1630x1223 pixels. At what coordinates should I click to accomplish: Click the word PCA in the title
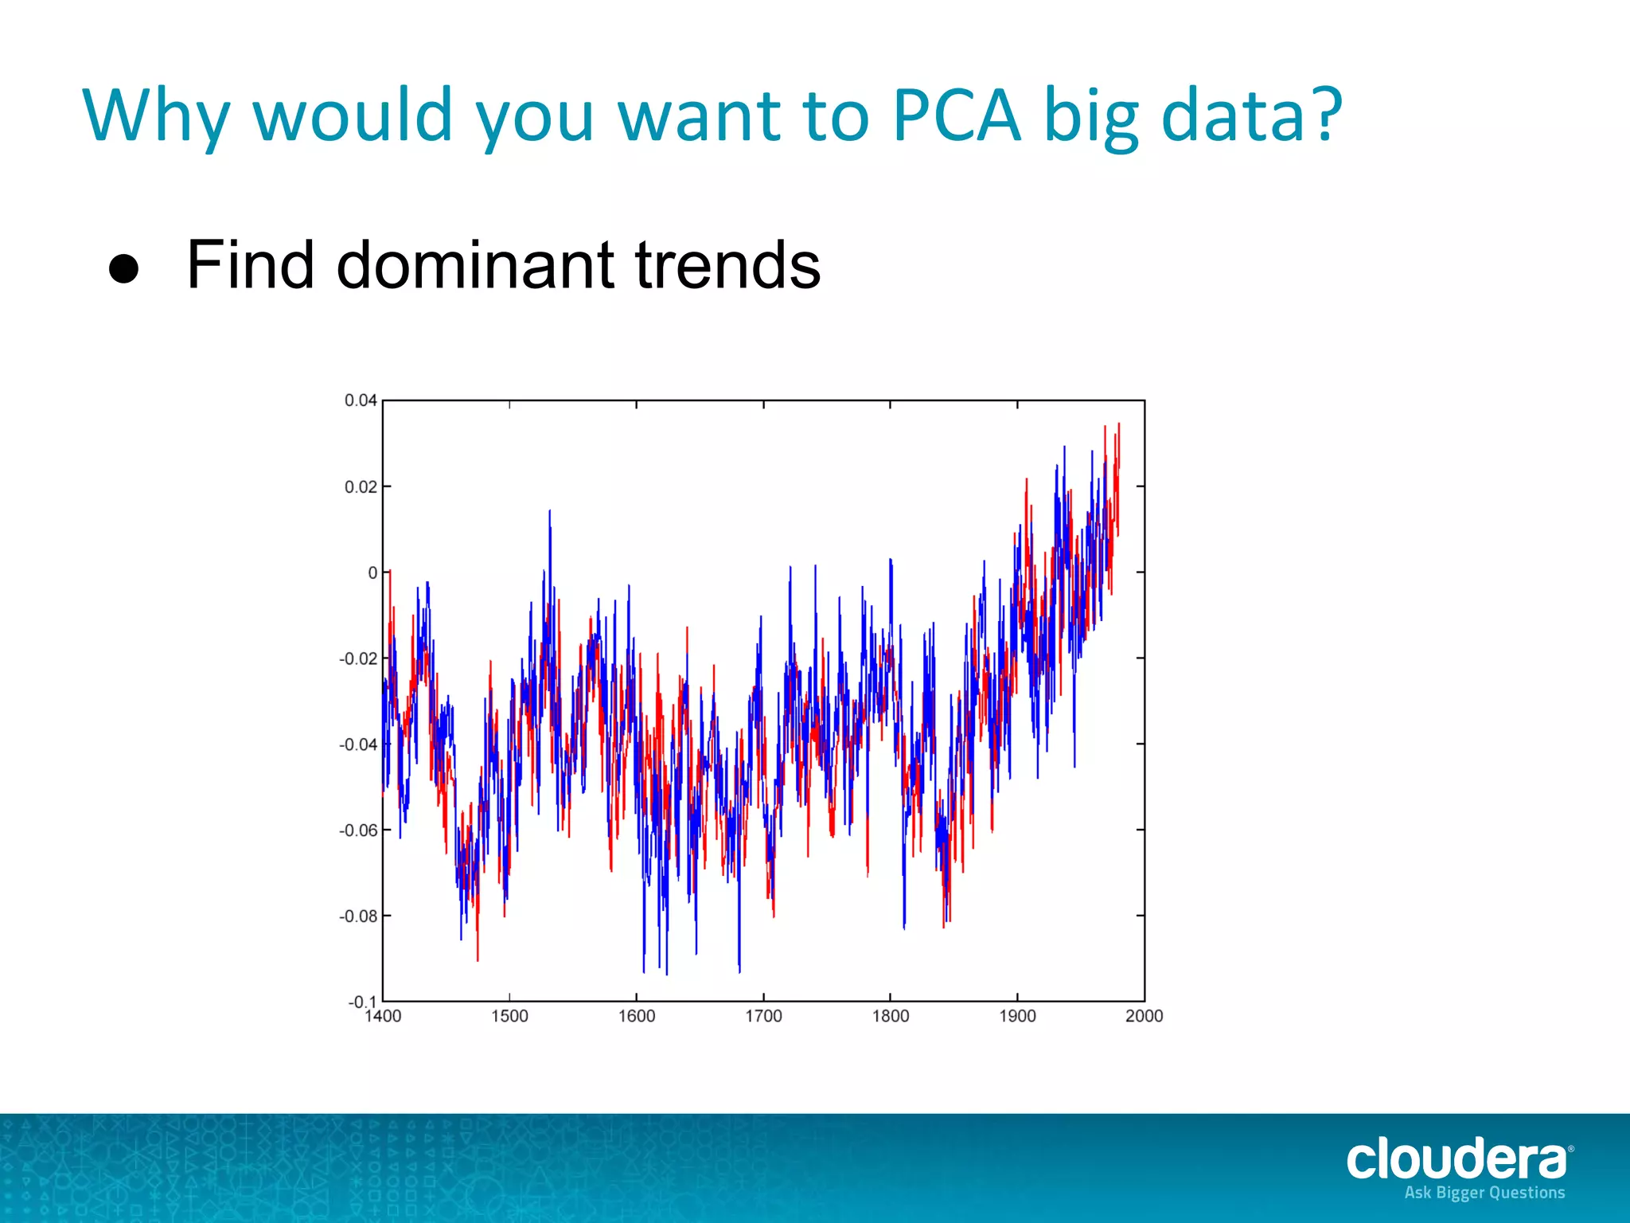tap(956, 116)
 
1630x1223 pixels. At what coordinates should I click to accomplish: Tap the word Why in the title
tap(156, 116)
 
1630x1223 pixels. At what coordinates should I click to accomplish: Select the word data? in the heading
tap(1252, 116)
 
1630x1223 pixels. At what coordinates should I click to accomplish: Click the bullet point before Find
tap(124, 269)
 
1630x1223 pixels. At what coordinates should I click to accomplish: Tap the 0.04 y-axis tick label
tap(360, 401)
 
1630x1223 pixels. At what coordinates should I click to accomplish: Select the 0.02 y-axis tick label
tap(360, 486)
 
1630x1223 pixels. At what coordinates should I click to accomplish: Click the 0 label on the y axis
tap(372, 572)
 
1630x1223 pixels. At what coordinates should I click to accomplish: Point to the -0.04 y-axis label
tap(357, 744)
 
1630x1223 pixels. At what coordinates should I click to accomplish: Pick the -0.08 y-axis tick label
tap(357, 916)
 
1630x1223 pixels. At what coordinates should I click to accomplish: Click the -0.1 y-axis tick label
tap(361, 1001)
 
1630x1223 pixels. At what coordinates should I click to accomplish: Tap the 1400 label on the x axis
tap(384, 1017)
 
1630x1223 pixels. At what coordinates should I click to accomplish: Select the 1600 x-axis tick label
tap(637, 1017)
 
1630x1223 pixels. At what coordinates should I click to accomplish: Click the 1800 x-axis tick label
tap(890, 1017)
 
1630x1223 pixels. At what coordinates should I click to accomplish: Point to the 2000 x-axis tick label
tap(1144, 1017)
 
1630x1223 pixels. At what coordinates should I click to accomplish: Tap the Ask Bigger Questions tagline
tap(1484, 1193)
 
